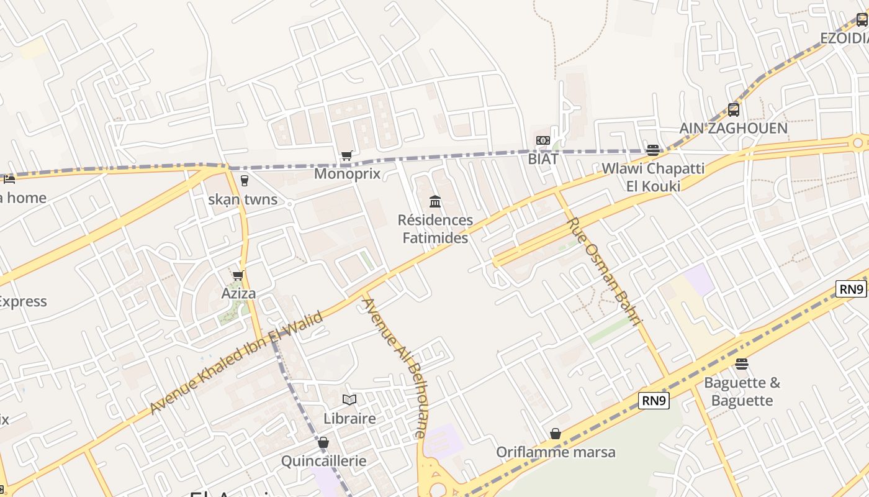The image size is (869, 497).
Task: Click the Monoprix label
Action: [347, 173]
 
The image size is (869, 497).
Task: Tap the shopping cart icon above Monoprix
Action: [347, 155]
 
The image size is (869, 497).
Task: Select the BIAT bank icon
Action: [543, 140]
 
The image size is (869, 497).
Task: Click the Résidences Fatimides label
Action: [435, 229]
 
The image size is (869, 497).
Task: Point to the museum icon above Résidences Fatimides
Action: [435, 201]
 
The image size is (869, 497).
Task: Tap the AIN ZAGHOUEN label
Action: [733, 129]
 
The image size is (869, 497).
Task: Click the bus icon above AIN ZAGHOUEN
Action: [734, 110]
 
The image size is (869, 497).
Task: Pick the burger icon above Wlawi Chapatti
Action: [652, 150]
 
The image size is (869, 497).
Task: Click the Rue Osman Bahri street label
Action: [603, 271]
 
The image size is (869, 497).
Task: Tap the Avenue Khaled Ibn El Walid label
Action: [236, 363]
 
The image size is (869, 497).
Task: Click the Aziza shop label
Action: [238, 293]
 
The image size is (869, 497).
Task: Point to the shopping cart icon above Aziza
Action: [238, 275]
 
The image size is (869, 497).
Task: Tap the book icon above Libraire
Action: [349, 399]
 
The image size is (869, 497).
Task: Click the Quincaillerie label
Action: [323, 461]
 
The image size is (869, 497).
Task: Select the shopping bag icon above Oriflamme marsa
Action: [556, 434]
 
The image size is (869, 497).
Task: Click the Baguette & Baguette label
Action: [742, 391]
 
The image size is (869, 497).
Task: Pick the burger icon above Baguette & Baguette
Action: [742, 363]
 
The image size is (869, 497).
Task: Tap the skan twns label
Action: [243, 200]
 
